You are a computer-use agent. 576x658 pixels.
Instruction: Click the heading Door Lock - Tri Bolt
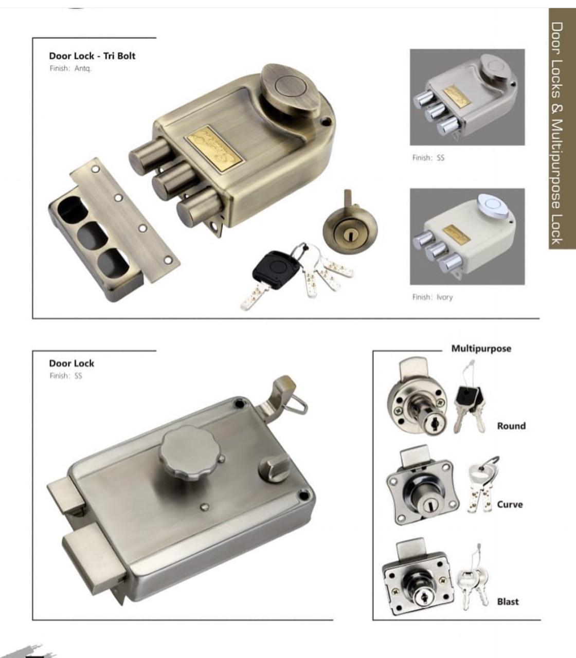(x=92, y=56)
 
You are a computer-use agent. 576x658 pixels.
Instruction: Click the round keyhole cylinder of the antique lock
(x=350, y=230)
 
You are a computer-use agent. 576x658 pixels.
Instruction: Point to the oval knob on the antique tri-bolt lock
(x=291, y=90)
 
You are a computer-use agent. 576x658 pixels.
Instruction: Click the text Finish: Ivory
(x=433, y=297)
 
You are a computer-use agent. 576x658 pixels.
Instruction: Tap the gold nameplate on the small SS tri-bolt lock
(x=457, y=96)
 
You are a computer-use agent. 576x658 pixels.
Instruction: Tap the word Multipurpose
(x=481, y=349)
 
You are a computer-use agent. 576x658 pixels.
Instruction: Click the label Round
(x=511, y=426)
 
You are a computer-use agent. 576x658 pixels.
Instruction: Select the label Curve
(x=510, y=505)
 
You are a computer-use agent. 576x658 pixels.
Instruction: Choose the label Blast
(x=508, y=602)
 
